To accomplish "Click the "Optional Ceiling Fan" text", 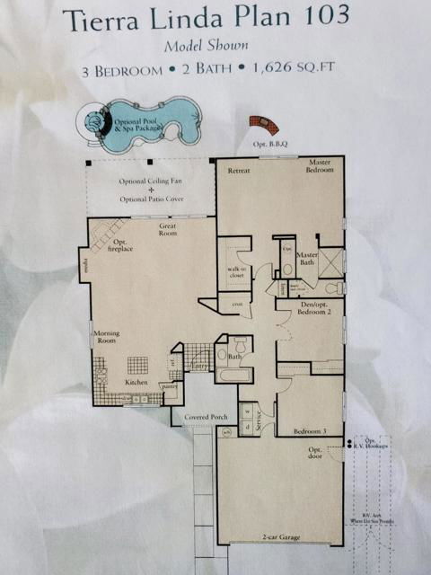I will click(x=152, y=181).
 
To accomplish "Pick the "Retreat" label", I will click(x=239, y=170).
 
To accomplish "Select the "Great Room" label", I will click(x=172, y=230).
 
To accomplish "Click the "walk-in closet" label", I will click(x=236, y=273).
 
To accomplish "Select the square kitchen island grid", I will click(x=137, y=364).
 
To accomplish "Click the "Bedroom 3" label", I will click(x=312, y=432).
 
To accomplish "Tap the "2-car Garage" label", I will click(x=281, y=537).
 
